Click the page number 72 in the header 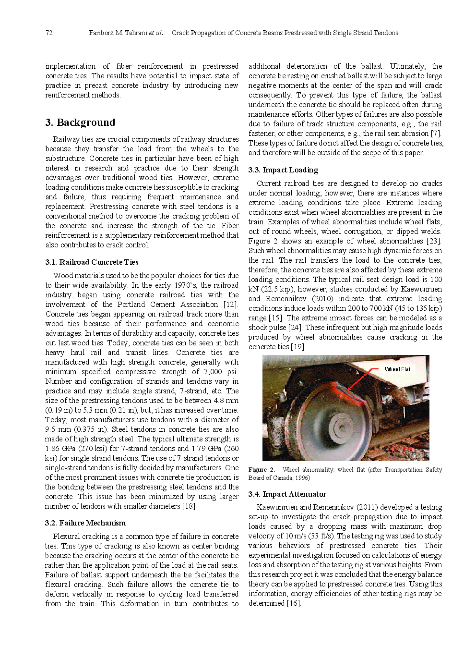click(49, 33)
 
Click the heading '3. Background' click(80, 122)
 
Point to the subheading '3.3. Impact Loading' click(283, 170)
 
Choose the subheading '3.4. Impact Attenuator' click(287, 494)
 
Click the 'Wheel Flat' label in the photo click(397, 369)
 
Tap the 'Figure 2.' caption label click(262, 470)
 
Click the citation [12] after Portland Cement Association click(230, 305)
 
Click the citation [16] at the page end click(294, 603)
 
